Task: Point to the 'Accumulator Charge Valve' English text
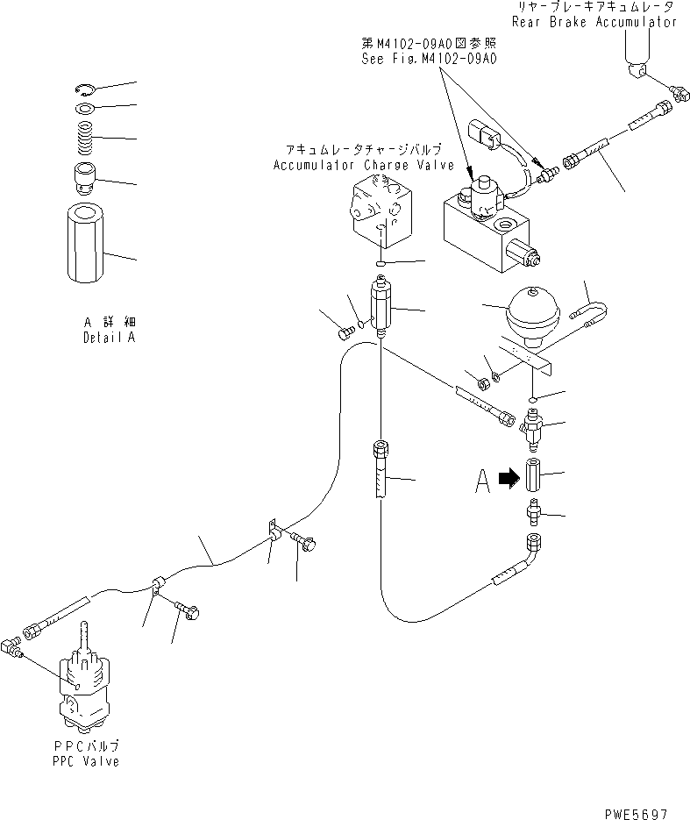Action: tap(363, 165)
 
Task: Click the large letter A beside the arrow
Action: tap(481, 480)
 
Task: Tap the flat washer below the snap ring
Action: tap(85, 109)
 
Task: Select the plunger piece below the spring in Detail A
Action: tap(86, 179)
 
